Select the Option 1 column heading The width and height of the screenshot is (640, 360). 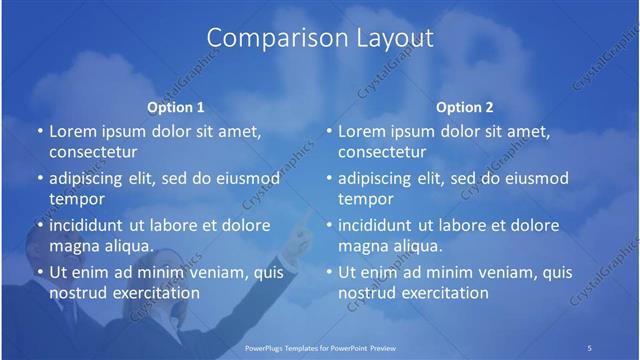point(176,106)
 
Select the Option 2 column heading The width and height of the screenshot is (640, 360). point(465,106)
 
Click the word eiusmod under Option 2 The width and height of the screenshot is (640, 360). point(532,179)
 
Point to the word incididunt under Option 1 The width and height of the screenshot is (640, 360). point(94,225)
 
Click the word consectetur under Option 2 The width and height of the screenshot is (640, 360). point(382,152)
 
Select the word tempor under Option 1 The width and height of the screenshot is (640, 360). point(73,199)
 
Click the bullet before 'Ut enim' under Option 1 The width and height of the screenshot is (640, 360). point(39,272)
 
